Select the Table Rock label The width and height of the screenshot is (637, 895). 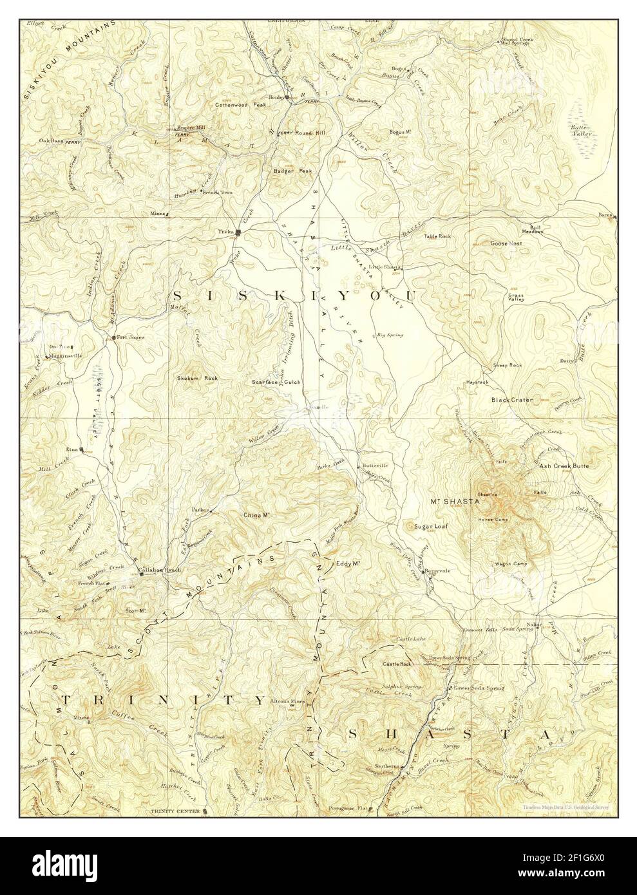tap(437, 236)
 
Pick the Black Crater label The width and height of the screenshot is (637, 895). tap(512, 400)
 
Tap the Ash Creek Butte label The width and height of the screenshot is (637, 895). tap(564, 465)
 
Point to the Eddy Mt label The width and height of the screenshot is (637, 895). tap(347, 564)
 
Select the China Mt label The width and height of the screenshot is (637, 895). tap(256, 515)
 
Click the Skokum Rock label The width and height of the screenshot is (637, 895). tap(197, 378)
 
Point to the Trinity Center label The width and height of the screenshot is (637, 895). tap(180, 811)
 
